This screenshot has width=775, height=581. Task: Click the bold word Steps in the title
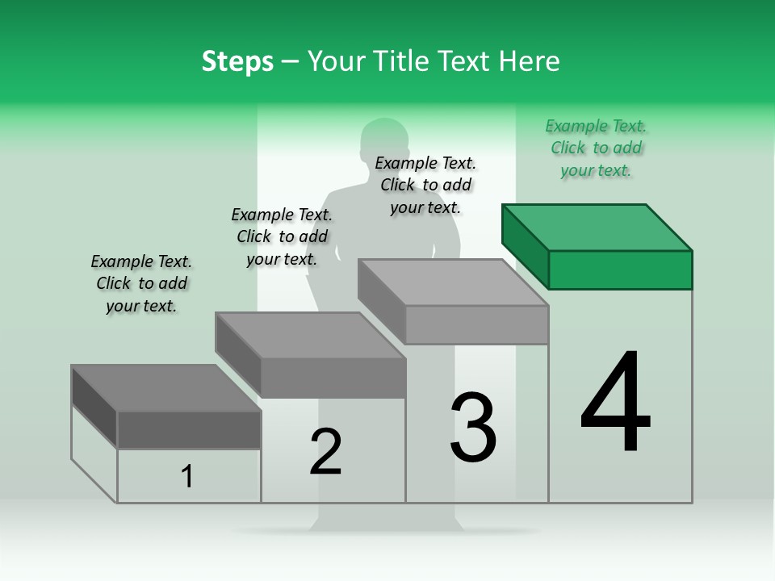coord(237,61)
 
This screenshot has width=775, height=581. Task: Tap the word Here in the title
coord(530,61)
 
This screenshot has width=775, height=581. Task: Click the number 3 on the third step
coord(473,428)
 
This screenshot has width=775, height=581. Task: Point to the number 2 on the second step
coord(325,452)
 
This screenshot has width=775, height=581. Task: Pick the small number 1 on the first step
coord(187,476)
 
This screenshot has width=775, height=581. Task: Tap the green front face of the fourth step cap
coord(620,270)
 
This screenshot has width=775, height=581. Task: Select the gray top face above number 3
coord(453,282)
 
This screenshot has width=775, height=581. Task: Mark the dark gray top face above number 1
coord(166,388)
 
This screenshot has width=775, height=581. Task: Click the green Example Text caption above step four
coord(596,148)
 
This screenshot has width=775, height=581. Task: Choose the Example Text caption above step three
coord(425,186)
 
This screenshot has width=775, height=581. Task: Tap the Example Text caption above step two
coord(282,236)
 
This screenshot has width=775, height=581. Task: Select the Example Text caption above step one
coord(141,284)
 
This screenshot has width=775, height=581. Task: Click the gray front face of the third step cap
coord(476,325)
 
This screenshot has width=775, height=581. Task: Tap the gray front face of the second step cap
coord(333,378)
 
